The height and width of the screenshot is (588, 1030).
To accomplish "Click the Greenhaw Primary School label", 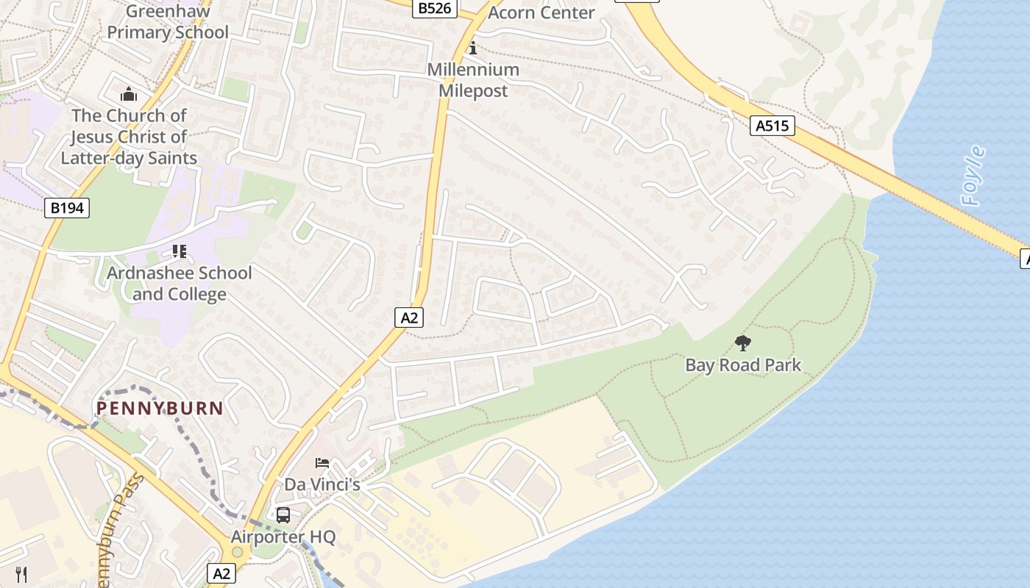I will coord(168,22).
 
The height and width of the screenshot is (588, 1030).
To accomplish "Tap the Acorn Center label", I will coord(541,12).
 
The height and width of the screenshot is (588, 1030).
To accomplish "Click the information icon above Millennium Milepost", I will coord(473,49).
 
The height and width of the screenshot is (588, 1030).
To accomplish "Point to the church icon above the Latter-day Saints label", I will coord(129,94).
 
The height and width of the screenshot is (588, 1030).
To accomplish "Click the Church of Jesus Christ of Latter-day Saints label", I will coord(129,137).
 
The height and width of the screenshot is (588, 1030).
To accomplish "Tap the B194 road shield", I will coord(67,208).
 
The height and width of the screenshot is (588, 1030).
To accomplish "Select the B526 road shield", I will coord(435,8).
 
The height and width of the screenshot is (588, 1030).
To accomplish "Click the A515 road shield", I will coord(772,126).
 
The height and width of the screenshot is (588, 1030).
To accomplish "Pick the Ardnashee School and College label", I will coord(180,284).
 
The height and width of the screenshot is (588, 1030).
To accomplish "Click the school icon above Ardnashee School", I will coord(179,252).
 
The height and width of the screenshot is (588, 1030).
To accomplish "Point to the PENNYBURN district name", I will coord(160,408).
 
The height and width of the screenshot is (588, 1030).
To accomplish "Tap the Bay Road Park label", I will coord(743,365).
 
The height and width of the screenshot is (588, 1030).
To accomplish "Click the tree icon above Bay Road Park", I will coord(743,342).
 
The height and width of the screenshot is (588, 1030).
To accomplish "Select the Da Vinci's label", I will coord(322,484).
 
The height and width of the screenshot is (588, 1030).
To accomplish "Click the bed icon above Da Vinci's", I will coord(322,462).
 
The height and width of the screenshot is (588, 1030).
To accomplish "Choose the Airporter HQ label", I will coord(283,537).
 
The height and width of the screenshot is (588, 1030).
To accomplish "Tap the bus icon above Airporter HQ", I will coord(283,514).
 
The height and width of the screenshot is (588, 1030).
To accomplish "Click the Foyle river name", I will coord(973,176).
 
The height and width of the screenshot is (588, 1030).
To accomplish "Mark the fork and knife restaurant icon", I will coord(22,574).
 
